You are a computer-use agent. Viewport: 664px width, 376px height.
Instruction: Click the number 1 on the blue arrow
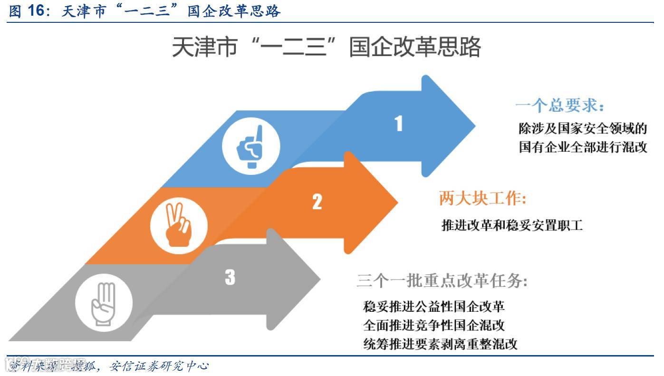(399, 124)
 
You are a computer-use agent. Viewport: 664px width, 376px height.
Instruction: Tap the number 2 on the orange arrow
(317, 202)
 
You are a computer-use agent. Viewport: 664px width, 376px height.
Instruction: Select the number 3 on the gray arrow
(230, 277)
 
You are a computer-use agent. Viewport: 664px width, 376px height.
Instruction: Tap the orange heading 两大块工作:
(482, 199)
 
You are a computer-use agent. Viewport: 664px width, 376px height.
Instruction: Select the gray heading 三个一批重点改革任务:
(442, 281)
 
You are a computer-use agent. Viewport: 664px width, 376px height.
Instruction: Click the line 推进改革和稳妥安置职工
(512, 224)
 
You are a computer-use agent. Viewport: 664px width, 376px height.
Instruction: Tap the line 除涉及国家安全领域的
(583, 128)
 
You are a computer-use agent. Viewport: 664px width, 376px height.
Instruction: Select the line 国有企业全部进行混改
(583, 147)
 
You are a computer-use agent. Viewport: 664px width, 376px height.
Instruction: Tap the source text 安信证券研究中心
(159, 366)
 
